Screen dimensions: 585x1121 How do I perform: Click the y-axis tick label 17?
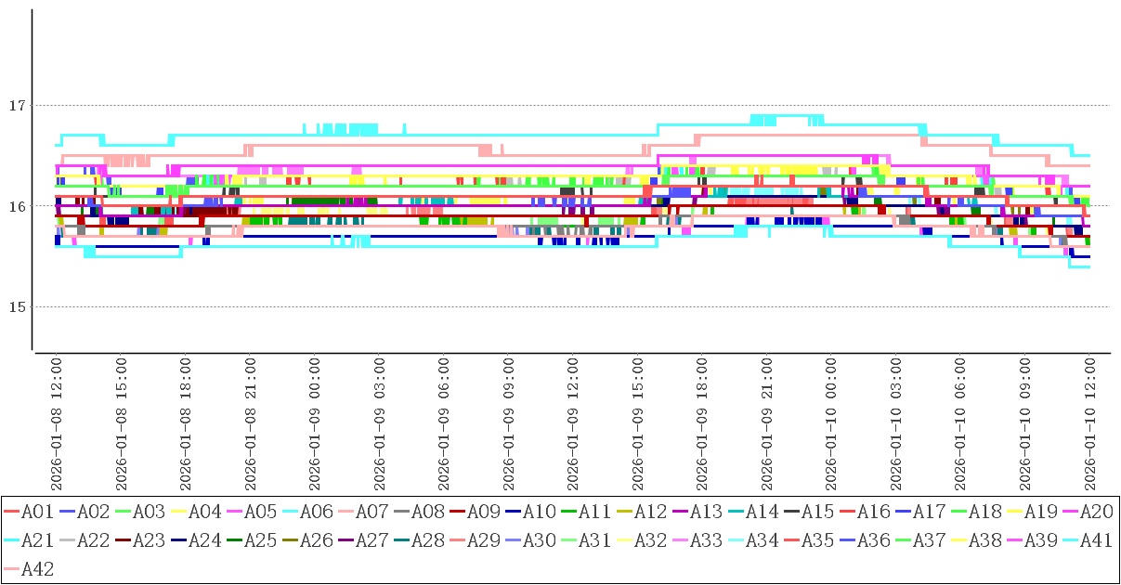(x=16, y=106)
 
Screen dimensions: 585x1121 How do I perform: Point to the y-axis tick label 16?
(x=16, y=206)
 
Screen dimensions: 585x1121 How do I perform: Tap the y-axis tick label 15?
(x=16, y=306)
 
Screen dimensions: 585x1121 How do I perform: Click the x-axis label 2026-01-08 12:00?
(x=56, y=416)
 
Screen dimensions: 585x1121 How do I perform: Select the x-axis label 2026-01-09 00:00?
(x=314, y=416)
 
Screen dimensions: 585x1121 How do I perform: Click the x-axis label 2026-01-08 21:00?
(x=249, y=416)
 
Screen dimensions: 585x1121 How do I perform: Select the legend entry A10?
(x=539, y=512)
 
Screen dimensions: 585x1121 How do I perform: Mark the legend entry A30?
(x=539, y=541)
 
